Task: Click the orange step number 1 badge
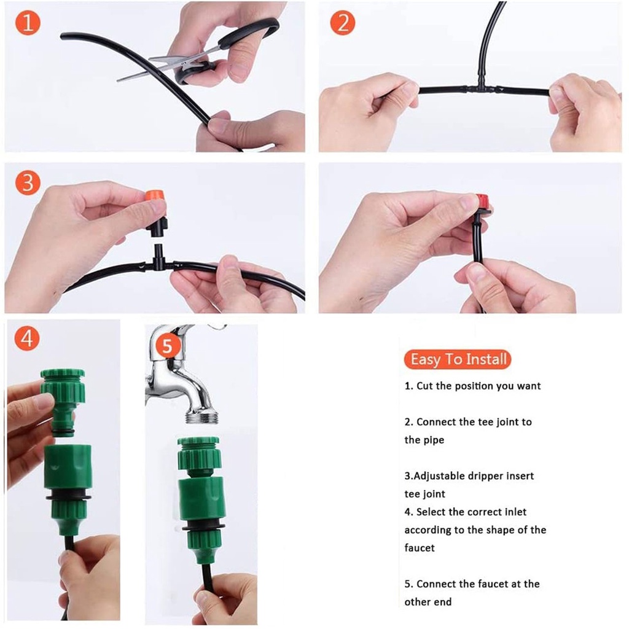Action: pos(28,23)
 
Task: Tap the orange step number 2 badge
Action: pos(343,23)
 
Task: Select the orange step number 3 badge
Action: pos(28,183)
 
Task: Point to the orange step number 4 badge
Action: pos(27,338)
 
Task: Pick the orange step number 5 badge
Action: pos(167,345)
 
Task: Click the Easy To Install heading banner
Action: pos(458,359)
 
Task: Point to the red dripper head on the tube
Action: pos(482,201)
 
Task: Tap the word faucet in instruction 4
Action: pos(419,548)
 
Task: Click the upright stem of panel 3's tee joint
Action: pos(158,252)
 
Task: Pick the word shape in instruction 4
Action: pos(500,530)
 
